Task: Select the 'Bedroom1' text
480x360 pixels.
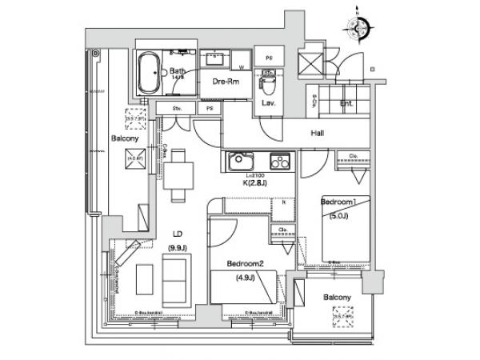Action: [x=337, y=202]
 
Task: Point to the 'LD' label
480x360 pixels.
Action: [x=178, y=234]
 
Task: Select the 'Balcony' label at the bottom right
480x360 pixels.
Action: [x=337, y=298]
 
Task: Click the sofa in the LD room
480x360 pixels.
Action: [x=175, y=275]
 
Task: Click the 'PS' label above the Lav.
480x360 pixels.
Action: [x=269, y=58]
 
